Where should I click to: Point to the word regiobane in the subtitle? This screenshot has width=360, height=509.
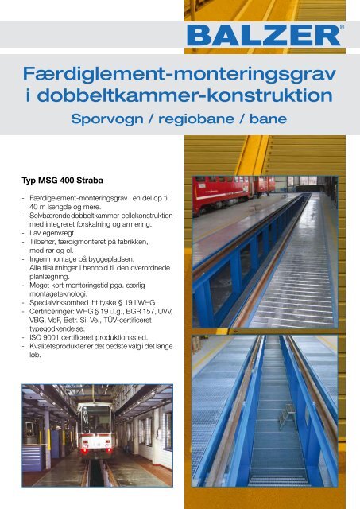pyautogui.click(x=194, y=121)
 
